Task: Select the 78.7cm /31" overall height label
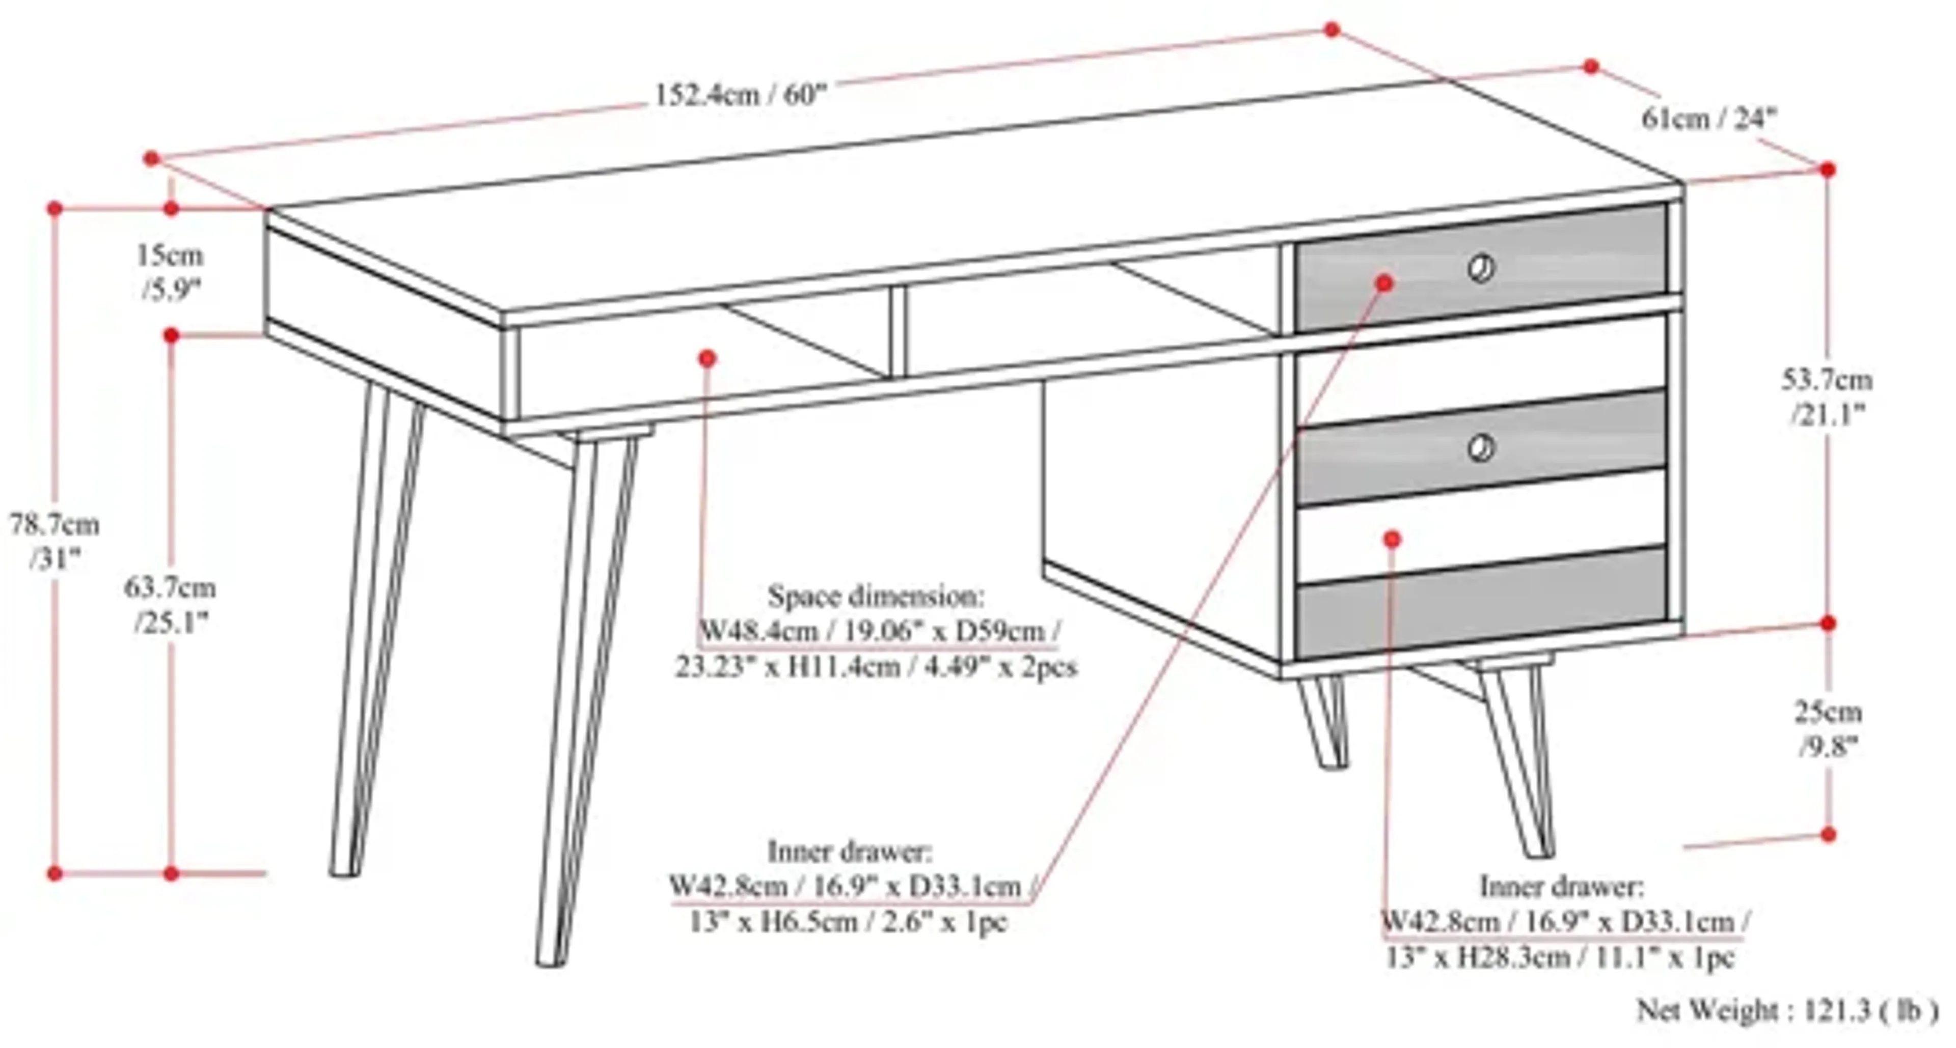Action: coord(54,541)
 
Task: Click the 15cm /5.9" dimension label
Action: coord(170,272)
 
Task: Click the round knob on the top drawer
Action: coord(1481,268)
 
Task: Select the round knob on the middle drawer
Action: coord(1481,448)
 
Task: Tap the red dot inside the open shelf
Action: coord(708,358)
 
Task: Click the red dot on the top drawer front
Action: coord(1385,282)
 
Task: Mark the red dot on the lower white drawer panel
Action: coord(1392,540)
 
